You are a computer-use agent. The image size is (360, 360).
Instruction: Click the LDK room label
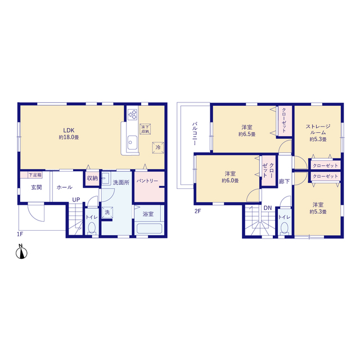pyautogui.click(x=69, y=130)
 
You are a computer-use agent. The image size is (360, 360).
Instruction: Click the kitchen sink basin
pyautogui.click(x=132, y=142)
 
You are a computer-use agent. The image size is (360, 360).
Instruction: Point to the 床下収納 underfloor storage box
pyautogui.click(x=145, y=129)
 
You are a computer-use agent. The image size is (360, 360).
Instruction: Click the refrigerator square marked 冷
pyautogui.click(x=158, y=147)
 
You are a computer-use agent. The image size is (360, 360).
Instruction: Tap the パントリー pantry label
pyautogui.click(x=147, y=181)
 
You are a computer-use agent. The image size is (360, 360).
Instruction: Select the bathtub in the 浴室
pyautogui.click(x=149, y=228)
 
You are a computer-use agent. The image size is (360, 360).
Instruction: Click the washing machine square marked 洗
pyautogui.click(x=107, y=213)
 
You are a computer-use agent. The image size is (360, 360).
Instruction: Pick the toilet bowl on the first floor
pyautogui.click(x=92, y=228)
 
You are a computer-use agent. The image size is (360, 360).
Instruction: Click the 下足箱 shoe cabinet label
pyautogui.click(x=35, y=175)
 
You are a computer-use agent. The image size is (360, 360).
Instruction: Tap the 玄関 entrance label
pyautogui.click(x=37, y=187)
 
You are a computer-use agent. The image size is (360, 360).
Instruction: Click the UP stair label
pyautogui.click(x=76, y=200)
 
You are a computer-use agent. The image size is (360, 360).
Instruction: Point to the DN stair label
pyautogui.click(x=268, y=208)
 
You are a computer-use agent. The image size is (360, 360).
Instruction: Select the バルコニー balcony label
pyautogui.click(x=195, y=134)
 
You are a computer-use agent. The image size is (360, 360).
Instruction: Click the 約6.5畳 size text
pyautogui.click(x=247, y=134)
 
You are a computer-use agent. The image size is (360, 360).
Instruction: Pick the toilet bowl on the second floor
pyautogui.click(x=285, y=228)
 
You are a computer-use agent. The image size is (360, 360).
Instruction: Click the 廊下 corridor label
pyautogui.click(x=284, y=182)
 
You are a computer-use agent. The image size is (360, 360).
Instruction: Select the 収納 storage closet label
pyautogui.click(x=92, y=178)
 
